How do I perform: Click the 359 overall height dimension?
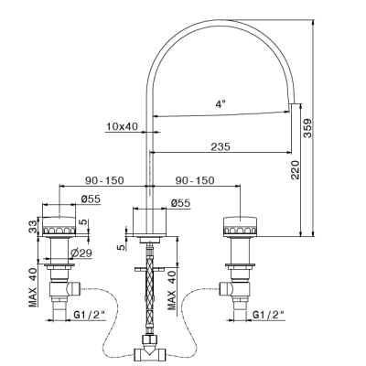(308, 128)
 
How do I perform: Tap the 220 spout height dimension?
(296, 169)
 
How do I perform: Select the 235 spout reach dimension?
(221, 146)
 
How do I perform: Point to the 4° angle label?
(221, 104)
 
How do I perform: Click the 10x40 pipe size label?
(122, 126)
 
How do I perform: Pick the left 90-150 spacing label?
(104, 180)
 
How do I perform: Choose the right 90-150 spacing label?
(195, 180)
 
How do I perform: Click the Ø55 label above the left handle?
(91, 199)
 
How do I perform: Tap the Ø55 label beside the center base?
(180, 203)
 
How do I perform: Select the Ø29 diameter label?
(81, 253)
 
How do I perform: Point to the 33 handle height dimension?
(33, 227)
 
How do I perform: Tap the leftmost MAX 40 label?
(33, 287)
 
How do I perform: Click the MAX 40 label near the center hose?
(172, 291)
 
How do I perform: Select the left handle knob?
(59, 227)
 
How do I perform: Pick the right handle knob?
(241, 227)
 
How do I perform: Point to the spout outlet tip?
(292, 103)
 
